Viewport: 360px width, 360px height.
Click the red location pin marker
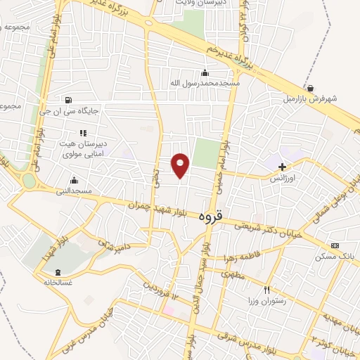coord(181,164)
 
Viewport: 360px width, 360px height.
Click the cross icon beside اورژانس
coord(282,167)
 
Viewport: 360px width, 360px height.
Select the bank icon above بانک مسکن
coord(335,245)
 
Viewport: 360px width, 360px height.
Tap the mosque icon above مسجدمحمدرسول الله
coord(205,72)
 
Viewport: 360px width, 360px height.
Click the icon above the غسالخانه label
coord(58,272)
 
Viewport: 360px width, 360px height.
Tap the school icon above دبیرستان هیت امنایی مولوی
coord(83,132)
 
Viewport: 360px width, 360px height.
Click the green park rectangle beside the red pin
coord(205,153)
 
